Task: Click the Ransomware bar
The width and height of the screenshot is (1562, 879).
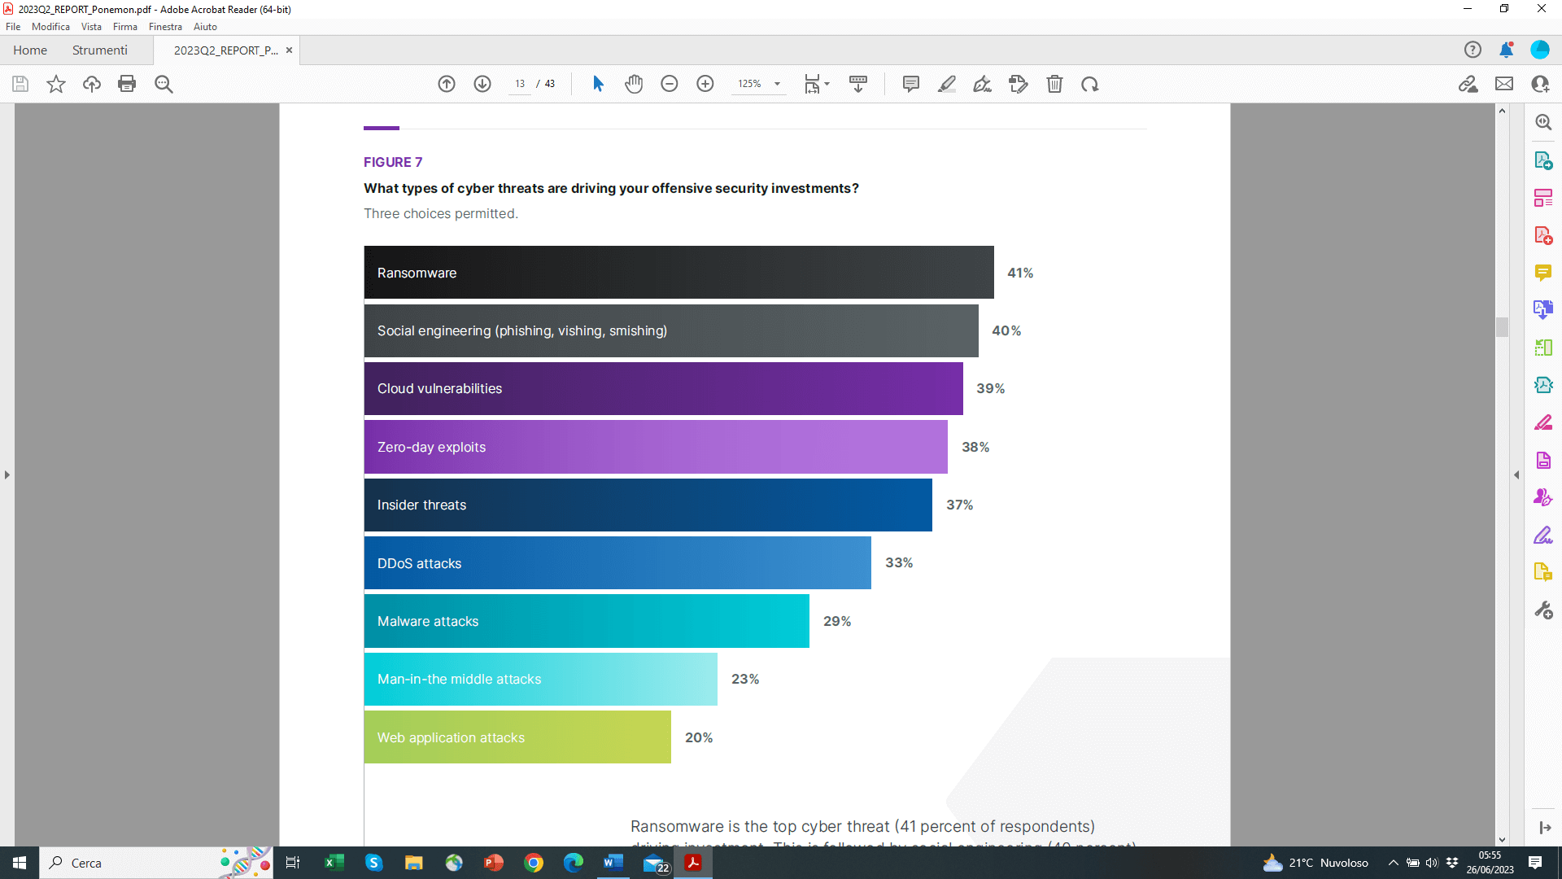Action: (x=678, y=273)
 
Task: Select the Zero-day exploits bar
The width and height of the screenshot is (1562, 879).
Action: (x=656, y=447)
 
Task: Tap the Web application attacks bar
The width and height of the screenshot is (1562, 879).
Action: (x=517, y=737)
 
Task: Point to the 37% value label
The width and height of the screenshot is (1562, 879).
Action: (x=959, y=505)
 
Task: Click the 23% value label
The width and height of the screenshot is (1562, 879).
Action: (x=744, y=680)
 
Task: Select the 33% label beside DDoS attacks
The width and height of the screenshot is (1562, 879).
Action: (x=899, y=563)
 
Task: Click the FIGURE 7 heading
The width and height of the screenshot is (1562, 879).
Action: (x=393, y=162)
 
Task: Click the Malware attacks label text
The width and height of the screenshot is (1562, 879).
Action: (x=428, y=622)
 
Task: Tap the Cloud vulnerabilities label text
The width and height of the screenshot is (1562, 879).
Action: (x=439, y=389)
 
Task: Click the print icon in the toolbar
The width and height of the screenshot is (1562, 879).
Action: (x=127, y=84)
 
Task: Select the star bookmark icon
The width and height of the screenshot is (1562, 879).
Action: (x=56, y=84)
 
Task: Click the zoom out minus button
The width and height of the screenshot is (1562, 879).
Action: (x=670, y=84)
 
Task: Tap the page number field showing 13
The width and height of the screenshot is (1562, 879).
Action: (x=520, y=84)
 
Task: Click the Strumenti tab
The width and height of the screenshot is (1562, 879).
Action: (x=99, y=50)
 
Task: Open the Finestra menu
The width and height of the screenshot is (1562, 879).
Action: (x=165, y=27)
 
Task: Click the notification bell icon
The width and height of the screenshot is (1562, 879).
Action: (x=1506, y=50)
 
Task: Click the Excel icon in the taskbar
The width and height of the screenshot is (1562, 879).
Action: (x=334, y=863)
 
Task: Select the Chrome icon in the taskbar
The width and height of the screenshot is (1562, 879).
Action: (x=534, y=863)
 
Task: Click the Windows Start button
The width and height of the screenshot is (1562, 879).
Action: (x=20, y=863)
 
